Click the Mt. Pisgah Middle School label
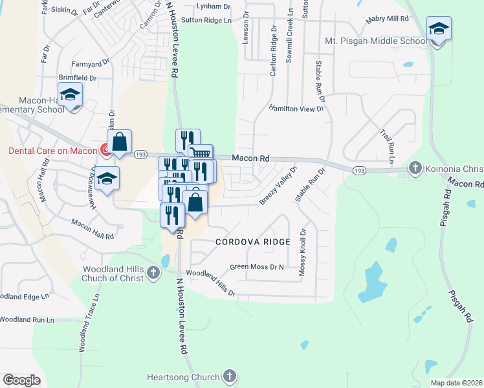(375, 41)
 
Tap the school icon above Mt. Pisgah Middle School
(439, 29)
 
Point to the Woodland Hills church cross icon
(153, 272)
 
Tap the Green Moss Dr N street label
(257, 266)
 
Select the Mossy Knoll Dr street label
(302, 252)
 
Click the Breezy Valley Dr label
(278, 185)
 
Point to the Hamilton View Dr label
(296, 109)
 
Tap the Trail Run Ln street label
(388, 145)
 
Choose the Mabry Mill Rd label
(387, 20)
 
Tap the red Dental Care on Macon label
(52, 151)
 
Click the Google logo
(21, 380)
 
